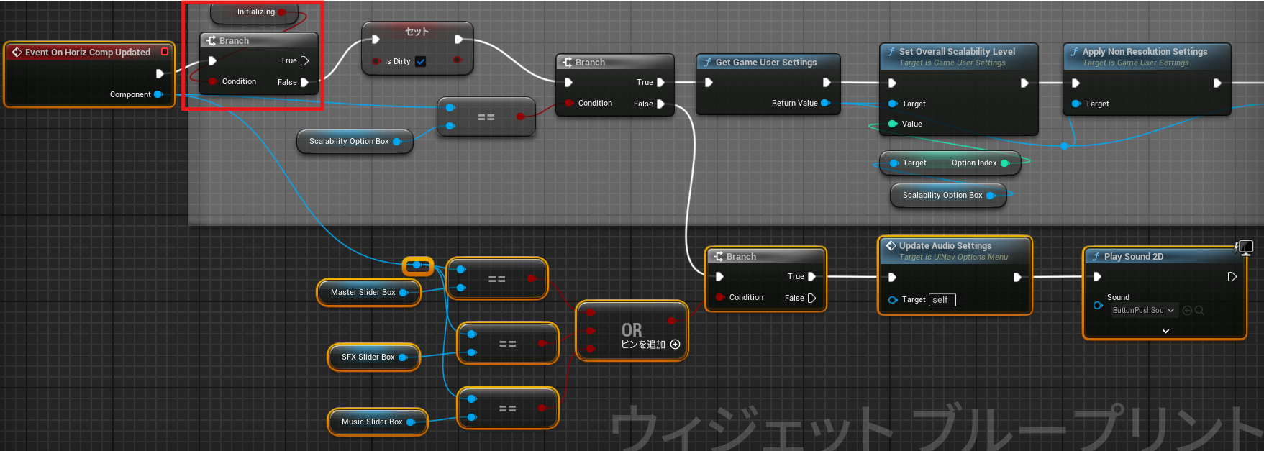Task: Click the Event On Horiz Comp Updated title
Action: [x=87, y=53]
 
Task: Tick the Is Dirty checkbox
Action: [x=421, y=62]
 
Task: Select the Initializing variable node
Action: [x=255, y=12]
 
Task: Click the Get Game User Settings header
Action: [x=765, y=63]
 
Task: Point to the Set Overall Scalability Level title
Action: [x=957, y=52]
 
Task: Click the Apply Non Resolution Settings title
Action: [x=1145, y=52]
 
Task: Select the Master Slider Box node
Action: [x=363, y=293]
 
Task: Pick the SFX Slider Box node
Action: [x=368, y=357]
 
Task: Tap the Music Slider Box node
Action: [x=371, y=422]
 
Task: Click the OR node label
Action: [x=632, y=330]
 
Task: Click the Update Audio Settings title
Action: [x=945, y=246]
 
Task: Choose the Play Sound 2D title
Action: [x=1133, y=257]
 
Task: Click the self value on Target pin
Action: [x=941, y=300]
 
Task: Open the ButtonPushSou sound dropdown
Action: [x=1143, y=311]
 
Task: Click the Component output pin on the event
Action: [x=158, y=94]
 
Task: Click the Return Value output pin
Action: [x=825, y=103]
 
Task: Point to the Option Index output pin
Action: [x=1005, y=163]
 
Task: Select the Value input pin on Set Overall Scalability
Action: [x=893, y=124]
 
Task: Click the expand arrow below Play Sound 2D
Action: [x=1165, y=331]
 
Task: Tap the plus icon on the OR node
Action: [x=675, y=345]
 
